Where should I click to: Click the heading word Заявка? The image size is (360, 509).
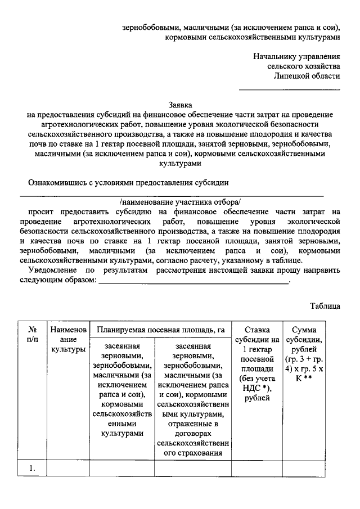point(181,105)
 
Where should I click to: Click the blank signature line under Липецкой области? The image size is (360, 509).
point(290,89)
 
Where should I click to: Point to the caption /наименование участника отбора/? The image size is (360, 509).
point(180,201)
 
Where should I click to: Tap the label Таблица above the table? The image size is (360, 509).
point(325,306)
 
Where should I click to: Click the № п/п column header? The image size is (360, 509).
point(33,335)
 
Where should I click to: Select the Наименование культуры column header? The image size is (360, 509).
point(67,340)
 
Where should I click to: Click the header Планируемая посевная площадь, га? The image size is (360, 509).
point(160,330)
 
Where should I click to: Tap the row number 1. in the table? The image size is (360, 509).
point(33,467)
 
